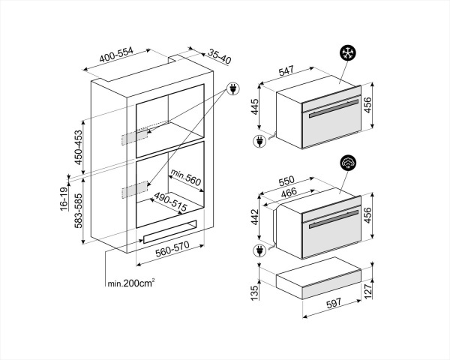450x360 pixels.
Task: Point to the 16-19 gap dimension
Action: [65, 199]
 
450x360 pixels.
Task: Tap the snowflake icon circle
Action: [347, 53]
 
